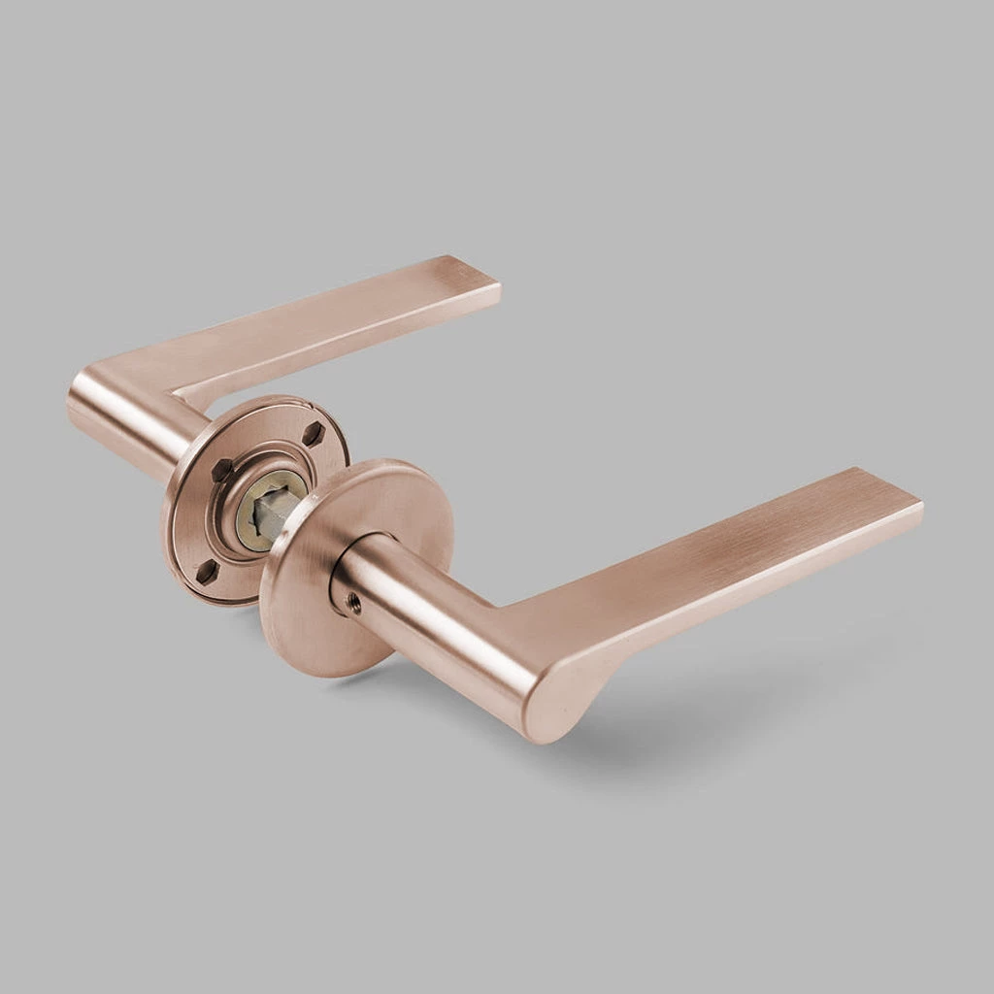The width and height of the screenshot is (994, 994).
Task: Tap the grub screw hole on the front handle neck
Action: [351, 602]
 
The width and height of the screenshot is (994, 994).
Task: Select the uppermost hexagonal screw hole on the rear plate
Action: [313, 434]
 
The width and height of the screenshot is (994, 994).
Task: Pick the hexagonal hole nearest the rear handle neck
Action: [222, 470]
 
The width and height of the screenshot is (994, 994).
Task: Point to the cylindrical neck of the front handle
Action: [427, 621]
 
